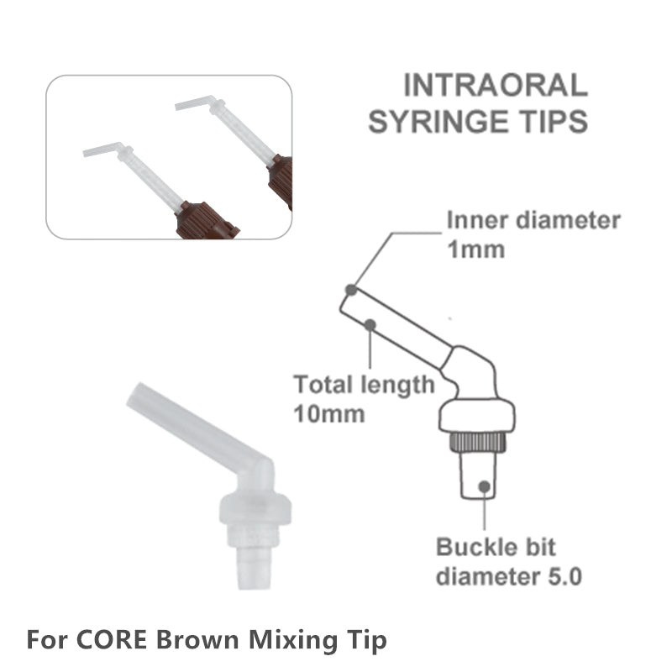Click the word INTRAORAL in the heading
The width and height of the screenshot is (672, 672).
[x=496, y=86]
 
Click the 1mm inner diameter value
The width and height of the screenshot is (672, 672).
[x=475, y=249]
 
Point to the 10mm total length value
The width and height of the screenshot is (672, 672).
[x=329, y=414]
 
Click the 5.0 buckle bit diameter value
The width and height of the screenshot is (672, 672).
[x=564, y=576]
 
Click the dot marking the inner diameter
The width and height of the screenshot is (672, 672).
[x=351, y=290]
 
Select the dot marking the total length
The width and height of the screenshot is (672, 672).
[x=370, y=325]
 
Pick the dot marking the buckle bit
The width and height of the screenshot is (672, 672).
[x=485, y=486]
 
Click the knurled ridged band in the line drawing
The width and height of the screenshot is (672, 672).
[x=477, y=442]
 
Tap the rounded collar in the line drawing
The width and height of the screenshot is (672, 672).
[x=476, y=416]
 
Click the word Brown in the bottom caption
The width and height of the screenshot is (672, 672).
[x=197, y=639]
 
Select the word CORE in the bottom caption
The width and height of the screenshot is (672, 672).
[x=112, y=639]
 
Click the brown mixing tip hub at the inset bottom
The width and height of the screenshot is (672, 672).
[x=207, y=220]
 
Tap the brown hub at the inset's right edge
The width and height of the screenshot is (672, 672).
[x=281, y=181]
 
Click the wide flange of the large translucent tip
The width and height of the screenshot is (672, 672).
[x=255, y=509]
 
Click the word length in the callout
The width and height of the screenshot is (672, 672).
[x=397, y=386]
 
